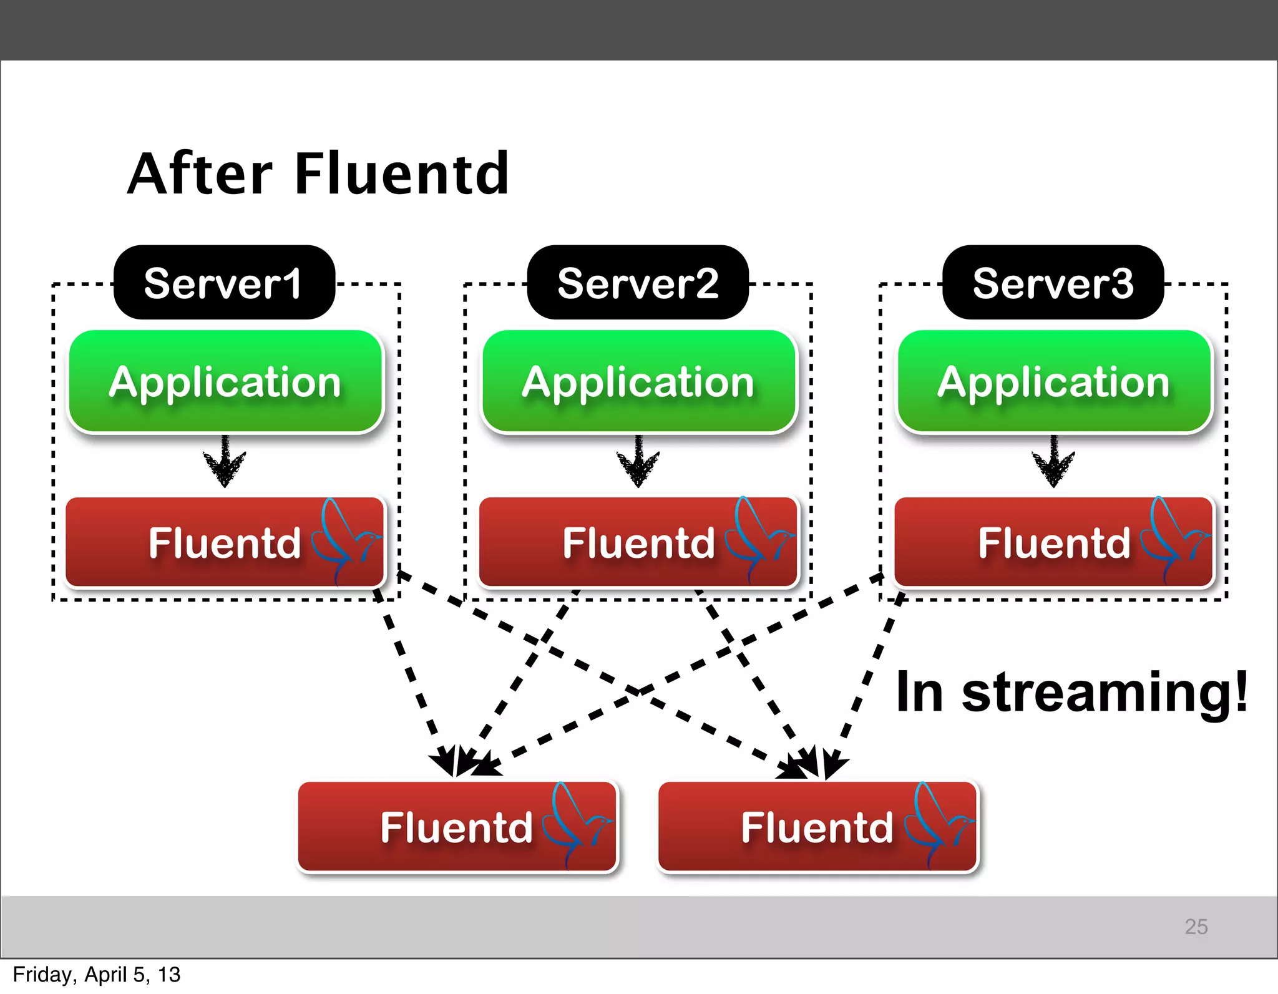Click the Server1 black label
point(224,283)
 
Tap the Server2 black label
point(638,283)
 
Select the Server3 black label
point(1053,283)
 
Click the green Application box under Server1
point(225,381)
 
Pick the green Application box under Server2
point(638,381)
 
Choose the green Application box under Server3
point(1054,381)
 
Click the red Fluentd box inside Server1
point(225,542)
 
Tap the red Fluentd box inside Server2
point(638,542)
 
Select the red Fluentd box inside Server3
point(1053,542)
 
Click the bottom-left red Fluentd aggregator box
point(457,827)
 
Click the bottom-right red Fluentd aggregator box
point(817,827)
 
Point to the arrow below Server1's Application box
point(225,462)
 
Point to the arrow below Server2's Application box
point(638,462)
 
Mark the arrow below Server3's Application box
point(1053,462)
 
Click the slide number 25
point(1196,926)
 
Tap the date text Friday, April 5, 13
point(97,975)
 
